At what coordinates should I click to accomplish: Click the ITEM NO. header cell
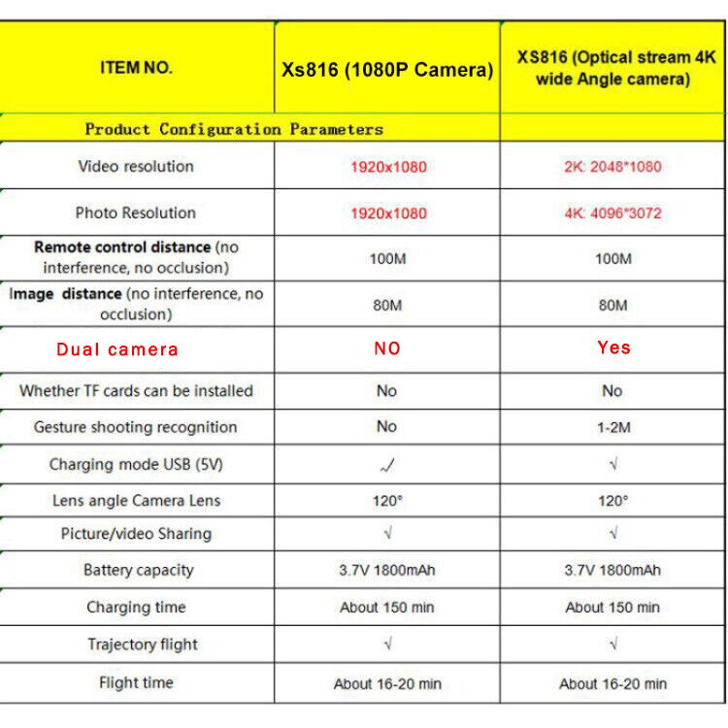coord(136,68)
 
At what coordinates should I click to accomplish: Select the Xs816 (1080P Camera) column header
coord(387,70)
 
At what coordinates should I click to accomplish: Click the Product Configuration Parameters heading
coord(234,128)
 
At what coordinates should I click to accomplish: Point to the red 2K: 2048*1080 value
coord(612,167)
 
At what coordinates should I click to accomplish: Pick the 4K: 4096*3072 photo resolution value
coord(612,213)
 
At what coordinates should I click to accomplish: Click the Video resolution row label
coord(136,166)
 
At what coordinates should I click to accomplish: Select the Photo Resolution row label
coord(136,213)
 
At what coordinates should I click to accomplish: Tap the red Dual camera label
coord(117,349)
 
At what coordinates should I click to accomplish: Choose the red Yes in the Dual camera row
coord(613,347)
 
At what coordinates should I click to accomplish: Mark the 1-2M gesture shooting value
coord(612,427)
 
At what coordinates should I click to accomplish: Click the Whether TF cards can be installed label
coord(136,391)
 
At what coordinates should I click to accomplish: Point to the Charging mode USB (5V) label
coord(136,464)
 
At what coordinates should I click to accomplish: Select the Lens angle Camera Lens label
coord(136,501)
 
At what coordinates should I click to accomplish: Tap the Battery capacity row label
coord(138,570)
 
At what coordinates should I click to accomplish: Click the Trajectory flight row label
coord(143,644)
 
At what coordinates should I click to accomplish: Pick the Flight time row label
coord(136,682)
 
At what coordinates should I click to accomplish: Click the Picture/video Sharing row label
coord(136,534)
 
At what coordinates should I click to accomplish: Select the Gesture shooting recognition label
coord(136,427)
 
